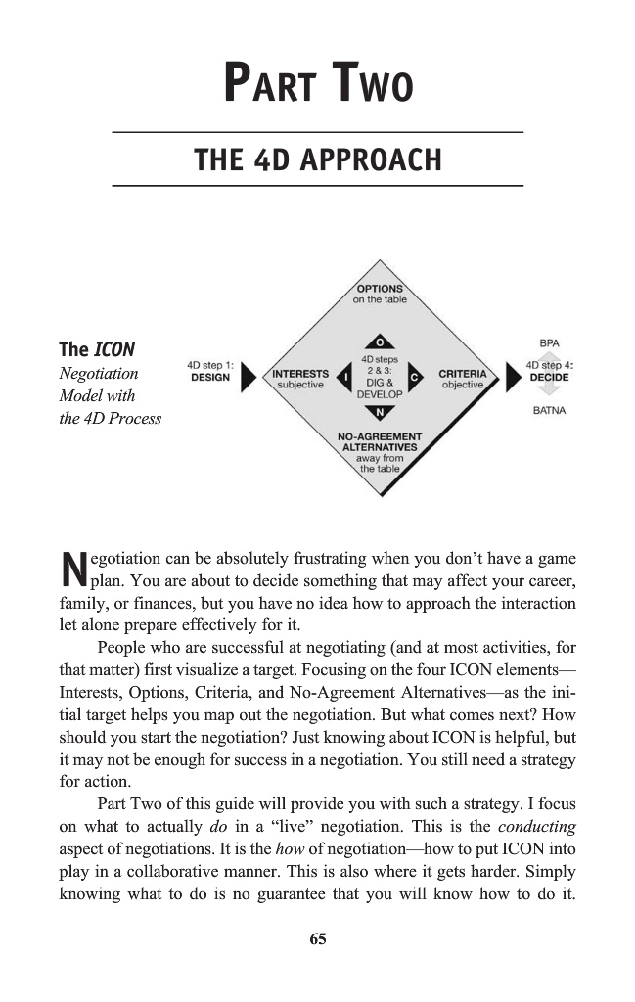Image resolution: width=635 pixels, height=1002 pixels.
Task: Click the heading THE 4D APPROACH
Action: [x=318, y=159]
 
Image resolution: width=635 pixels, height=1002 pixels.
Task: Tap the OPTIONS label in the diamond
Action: [x=379, y=289]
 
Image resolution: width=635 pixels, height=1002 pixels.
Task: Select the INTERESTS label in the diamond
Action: [x=299, y=373]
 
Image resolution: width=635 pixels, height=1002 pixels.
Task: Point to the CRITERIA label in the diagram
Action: [x=462, y=373]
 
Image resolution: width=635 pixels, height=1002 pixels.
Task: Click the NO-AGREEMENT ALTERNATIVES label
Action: [x=379, y=442]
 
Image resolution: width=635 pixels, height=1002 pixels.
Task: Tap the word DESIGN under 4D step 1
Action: [x=209, y=377]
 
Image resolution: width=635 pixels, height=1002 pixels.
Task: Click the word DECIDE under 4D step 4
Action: [x=549, y=377]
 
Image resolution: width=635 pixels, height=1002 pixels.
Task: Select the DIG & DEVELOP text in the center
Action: [x=379, y=387]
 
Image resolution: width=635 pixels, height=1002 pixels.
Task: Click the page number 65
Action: [x=317, y=939]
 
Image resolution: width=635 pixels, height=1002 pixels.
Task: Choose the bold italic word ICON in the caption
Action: [x=113, y=349]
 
